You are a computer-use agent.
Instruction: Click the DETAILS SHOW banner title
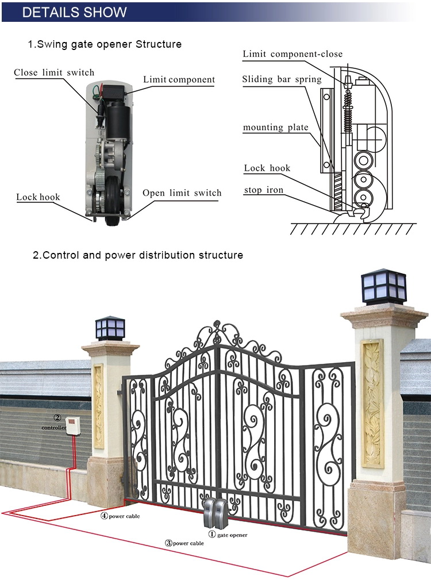[74, 12]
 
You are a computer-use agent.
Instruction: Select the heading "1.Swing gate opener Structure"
[105, 44]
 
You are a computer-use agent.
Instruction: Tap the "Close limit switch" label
[54, 73]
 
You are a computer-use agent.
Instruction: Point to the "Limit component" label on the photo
[179, 80]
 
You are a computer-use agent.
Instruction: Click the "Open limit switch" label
[182, 193]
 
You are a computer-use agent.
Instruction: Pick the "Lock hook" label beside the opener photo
[38, 197]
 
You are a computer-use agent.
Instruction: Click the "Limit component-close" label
[292, 54]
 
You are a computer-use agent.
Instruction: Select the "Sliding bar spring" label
[282, 79]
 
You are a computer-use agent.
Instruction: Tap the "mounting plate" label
[275, 128]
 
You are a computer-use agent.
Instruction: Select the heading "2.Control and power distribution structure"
[138, 255]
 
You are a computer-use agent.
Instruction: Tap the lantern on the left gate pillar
[110, 328]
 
